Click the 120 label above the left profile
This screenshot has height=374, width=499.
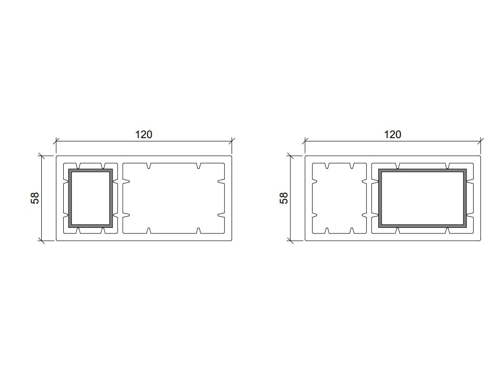(x=143, y=135)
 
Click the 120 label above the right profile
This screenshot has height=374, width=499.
(x=393, y=135)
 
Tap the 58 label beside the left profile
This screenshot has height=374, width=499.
(x=35, y=198)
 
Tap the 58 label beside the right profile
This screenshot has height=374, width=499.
(x=284, y=198)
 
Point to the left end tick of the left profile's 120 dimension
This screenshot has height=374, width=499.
(x=56, y=141)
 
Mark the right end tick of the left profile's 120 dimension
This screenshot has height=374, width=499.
(x=232, y=141)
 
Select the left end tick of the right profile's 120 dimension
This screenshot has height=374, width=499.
(x=305, y=141)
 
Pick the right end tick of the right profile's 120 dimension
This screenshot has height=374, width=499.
(x=481, y=141)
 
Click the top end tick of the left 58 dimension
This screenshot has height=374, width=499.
(x=42, y=156)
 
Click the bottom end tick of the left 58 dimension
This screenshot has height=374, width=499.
(x=42, y=241)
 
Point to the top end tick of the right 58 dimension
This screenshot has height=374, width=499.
(x=290, y=156)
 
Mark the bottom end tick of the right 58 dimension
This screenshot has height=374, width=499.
(x=290, y=241)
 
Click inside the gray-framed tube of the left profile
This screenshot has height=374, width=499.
(x=91, y=198)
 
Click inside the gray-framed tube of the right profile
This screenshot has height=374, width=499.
(x=422, y=198)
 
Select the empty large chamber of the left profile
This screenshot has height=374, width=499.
(x=174, y=198)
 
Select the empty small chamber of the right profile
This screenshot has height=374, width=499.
(x=339, y=198)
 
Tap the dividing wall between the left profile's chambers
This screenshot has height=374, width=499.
(x=120, y=198)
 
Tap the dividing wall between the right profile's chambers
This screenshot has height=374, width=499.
(x=369, y=198)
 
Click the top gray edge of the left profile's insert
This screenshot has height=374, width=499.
(x=91, y=170)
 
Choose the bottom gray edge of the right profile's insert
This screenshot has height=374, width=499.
(x=422, y=225)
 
